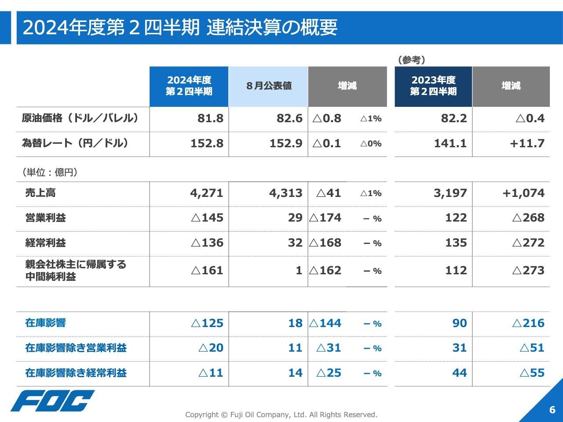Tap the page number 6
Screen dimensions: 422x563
(552, 410)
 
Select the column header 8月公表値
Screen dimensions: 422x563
(268, 86)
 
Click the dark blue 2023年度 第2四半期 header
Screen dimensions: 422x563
(433, 86)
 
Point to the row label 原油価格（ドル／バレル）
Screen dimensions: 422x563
(80, 118)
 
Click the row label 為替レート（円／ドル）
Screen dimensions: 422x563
(75, 143)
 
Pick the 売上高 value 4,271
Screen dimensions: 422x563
(207, 193)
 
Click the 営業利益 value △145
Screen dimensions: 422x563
(207, 218)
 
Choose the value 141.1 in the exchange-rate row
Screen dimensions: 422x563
(450, 144)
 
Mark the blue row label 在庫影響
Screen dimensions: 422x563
(45, 323)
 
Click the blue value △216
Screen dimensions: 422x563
(528, 324)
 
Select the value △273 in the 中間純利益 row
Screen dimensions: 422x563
(528, 271)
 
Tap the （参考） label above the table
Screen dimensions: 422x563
(411, 60)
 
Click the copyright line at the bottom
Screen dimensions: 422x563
(281, 415)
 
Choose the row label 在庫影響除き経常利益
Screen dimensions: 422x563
(76, 373)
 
